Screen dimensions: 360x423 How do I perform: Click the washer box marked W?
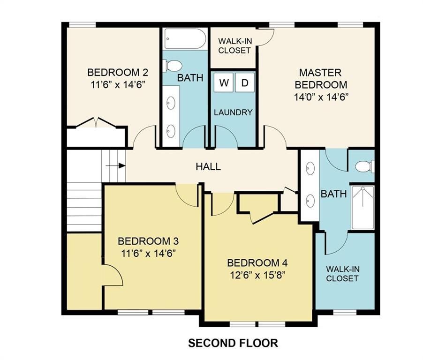224,83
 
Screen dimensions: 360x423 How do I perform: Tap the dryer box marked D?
244,83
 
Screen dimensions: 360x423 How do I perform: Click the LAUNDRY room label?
234,112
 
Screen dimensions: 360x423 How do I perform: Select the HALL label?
208,166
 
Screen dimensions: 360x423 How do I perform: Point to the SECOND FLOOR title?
233,343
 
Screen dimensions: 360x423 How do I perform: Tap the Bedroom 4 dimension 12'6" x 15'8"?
257,274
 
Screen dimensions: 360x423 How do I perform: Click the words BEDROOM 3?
148,241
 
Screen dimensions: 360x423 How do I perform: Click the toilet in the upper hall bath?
171,66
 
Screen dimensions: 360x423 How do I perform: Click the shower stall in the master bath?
363,207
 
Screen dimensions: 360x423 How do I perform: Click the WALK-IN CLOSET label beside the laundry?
234,45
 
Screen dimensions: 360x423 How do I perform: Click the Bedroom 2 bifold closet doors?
96,123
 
